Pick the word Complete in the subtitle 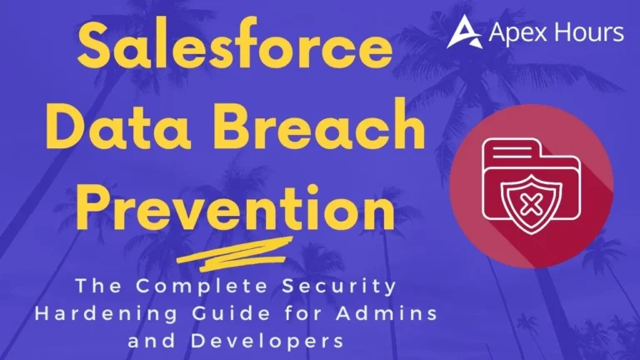[x=182, y=287]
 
